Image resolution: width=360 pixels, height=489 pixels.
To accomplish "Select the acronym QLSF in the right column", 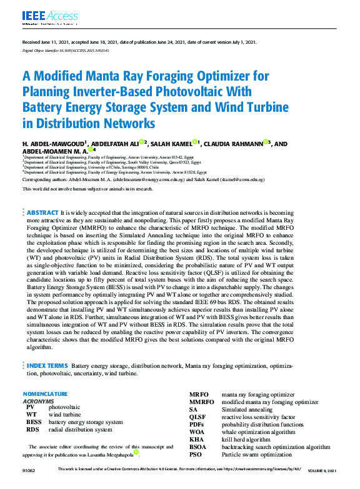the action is (197, 417).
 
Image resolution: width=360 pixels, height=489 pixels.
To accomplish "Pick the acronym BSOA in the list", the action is (199, 447).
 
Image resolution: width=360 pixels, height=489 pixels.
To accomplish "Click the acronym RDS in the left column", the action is (32, 430).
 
